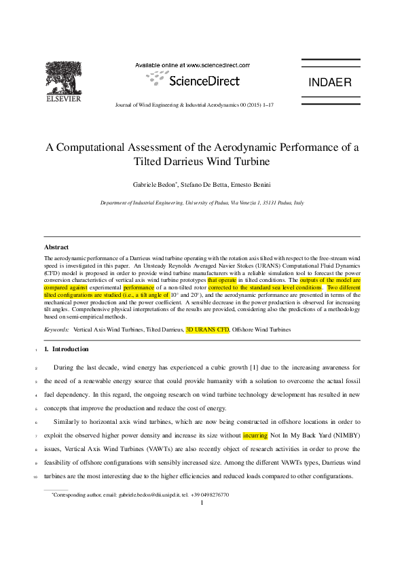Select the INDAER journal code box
coord(330,83)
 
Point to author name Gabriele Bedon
coord(155,185)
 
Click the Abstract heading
coord(56,247)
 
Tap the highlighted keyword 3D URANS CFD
coord(208,329)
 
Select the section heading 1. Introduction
coord(66,349)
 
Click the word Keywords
coord(56,329)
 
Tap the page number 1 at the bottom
coord(202,503)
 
